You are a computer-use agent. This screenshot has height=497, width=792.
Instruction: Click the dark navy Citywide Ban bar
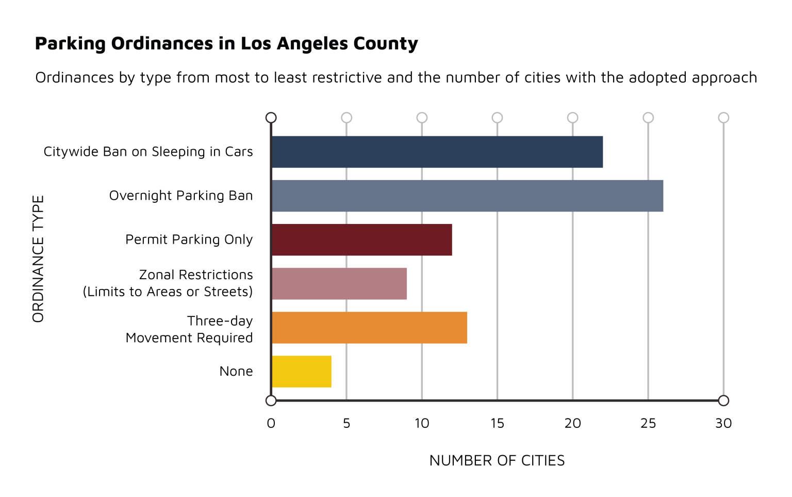437,152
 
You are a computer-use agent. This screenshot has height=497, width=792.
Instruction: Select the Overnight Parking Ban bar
467,196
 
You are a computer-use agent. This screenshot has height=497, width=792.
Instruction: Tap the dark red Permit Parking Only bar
361,239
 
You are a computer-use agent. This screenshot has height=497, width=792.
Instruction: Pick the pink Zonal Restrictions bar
339,283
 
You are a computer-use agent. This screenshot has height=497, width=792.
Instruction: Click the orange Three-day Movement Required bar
369,327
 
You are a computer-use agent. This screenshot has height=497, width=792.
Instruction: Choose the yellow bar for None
301,371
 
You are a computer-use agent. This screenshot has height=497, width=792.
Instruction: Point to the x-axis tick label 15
497,423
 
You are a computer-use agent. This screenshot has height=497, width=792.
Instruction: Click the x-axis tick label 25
648,423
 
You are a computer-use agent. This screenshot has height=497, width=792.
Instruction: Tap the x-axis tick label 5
346,423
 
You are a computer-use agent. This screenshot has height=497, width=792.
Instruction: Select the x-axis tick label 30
723,423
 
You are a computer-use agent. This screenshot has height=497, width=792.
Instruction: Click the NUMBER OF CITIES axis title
497,460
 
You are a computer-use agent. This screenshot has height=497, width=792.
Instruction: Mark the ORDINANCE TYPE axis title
38,259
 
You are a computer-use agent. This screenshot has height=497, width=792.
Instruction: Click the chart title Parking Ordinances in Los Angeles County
226,43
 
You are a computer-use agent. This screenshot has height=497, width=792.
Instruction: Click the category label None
236,371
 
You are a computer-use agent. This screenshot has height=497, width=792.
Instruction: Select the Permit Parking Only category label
189,239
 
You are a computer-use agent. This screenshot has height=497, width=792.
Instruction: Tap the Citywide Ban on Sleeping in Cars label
148,152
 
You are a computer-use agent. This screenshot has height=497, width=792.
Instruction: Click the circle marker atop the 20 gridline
572,118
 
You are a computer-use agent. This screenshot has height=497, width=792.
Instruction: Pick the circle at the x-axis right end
723,400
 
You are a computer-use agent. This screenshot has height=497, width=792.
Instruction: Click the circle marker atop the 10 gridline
422,118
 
